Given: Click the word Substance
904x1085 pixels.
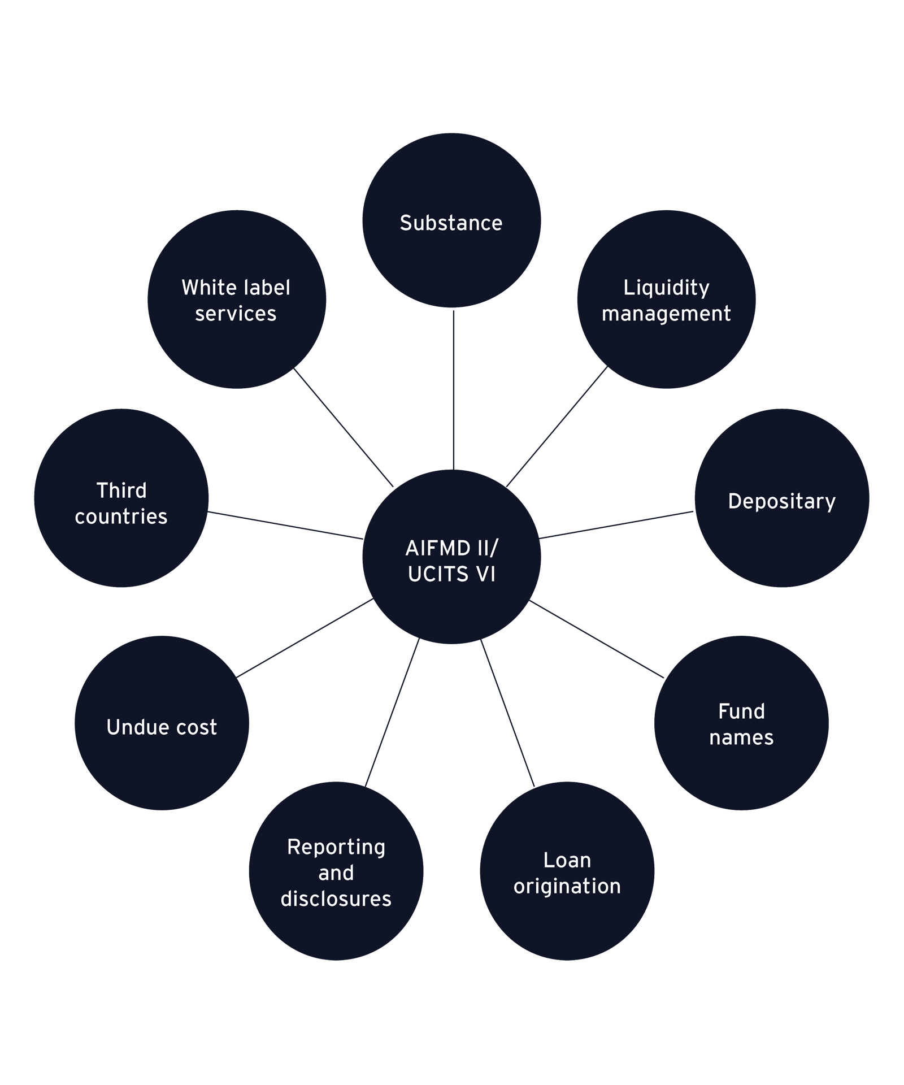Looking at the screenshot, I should click(x=451, y=223).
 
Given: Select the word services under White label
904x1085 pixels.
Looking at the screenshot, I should click(x=236, y=314).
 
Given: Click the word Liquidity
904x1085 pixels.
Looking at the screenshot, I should click(x=666, y=288).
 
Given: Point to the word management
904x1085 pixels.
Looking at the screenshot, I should click(x=666, y=314).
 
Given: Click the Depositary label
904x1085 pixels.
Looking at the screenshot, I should click(x=781, y=502).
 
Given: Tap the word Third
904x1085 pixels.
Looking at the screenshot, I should click(x=121, y=491).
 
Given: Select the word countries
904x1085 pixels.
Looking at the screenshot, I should click(x=121, y=517).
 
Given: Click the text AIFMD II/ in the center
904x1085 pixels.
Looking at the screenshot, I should click(x=451, y=548).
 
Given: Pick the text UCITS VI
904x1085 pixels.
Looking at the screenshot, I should click(x=451, y=574).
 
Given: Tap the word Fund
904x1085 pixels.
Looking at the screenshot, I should click(x=741, y=711).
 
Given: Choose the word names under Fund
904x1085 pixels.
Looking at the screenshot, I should click(x=741, y=737).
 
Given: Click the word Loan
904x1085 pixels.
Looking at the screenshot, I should click(x=567, y=860).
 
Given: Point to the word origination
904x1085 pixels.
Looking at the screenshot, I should click(x=567, y=886).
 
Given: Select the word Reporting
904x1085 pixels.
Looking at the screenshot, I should click(x=336, y=847).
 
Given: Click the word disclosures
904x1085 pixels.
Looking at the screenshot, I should click(x=336, y=899).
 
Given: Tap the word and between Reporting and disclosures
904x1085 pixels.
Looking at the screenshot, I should click(x=336, y=873).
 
